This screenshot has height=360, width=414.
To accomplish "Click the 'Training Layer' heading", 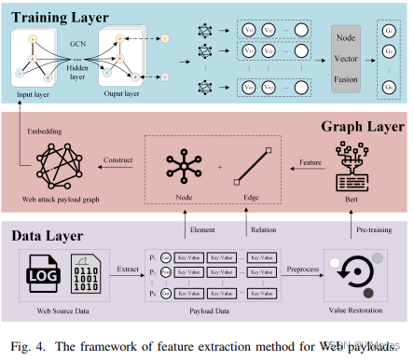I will click(59, 17).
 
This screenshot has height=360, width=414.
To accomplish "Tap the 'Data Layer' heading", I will click(49, 236).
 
